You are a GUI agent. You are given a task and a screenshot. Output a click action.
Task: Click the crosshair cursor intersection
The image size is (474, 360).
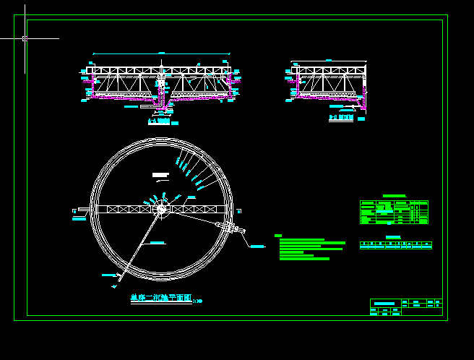click(25, 38)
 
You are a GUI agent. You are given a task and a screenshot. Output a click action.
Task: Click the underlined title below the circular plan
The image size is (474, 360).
click(161, 298)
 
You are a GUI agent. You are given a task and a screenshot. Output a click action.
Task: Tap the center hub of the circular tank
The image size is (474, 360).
click(160, 209)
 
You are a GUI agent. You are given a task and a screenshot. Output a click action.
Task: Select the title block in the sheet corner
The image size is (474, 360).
click(405, 307)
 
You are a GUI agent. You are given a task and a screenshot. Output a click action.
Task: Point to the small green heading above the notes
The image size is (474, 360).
click(278, 236)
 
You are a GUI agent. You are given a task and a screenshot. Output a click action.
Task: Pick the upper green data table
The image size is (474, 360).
click(394, 212)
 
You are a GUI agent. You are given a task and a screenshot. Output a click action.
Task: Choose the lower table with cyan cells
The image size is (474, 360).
click(395, 246)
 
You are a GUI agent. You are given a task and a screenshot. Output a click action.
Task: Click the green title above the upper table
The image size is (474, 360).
click(394, 196)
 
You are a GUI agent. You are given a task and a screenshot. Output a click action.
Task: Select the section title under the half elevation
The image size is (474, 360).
click(341, 117)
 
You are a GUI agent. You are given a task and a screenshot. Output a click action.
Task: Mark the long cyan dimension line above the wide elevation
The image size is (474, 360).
click(161, 53)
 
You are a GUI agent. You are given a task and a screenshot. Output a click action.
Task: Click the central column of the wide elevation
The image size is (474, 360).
click(161, 87)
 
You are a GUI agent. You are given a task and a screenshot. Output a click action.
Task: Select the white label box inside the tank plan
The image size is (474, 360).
click(160, 174)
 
